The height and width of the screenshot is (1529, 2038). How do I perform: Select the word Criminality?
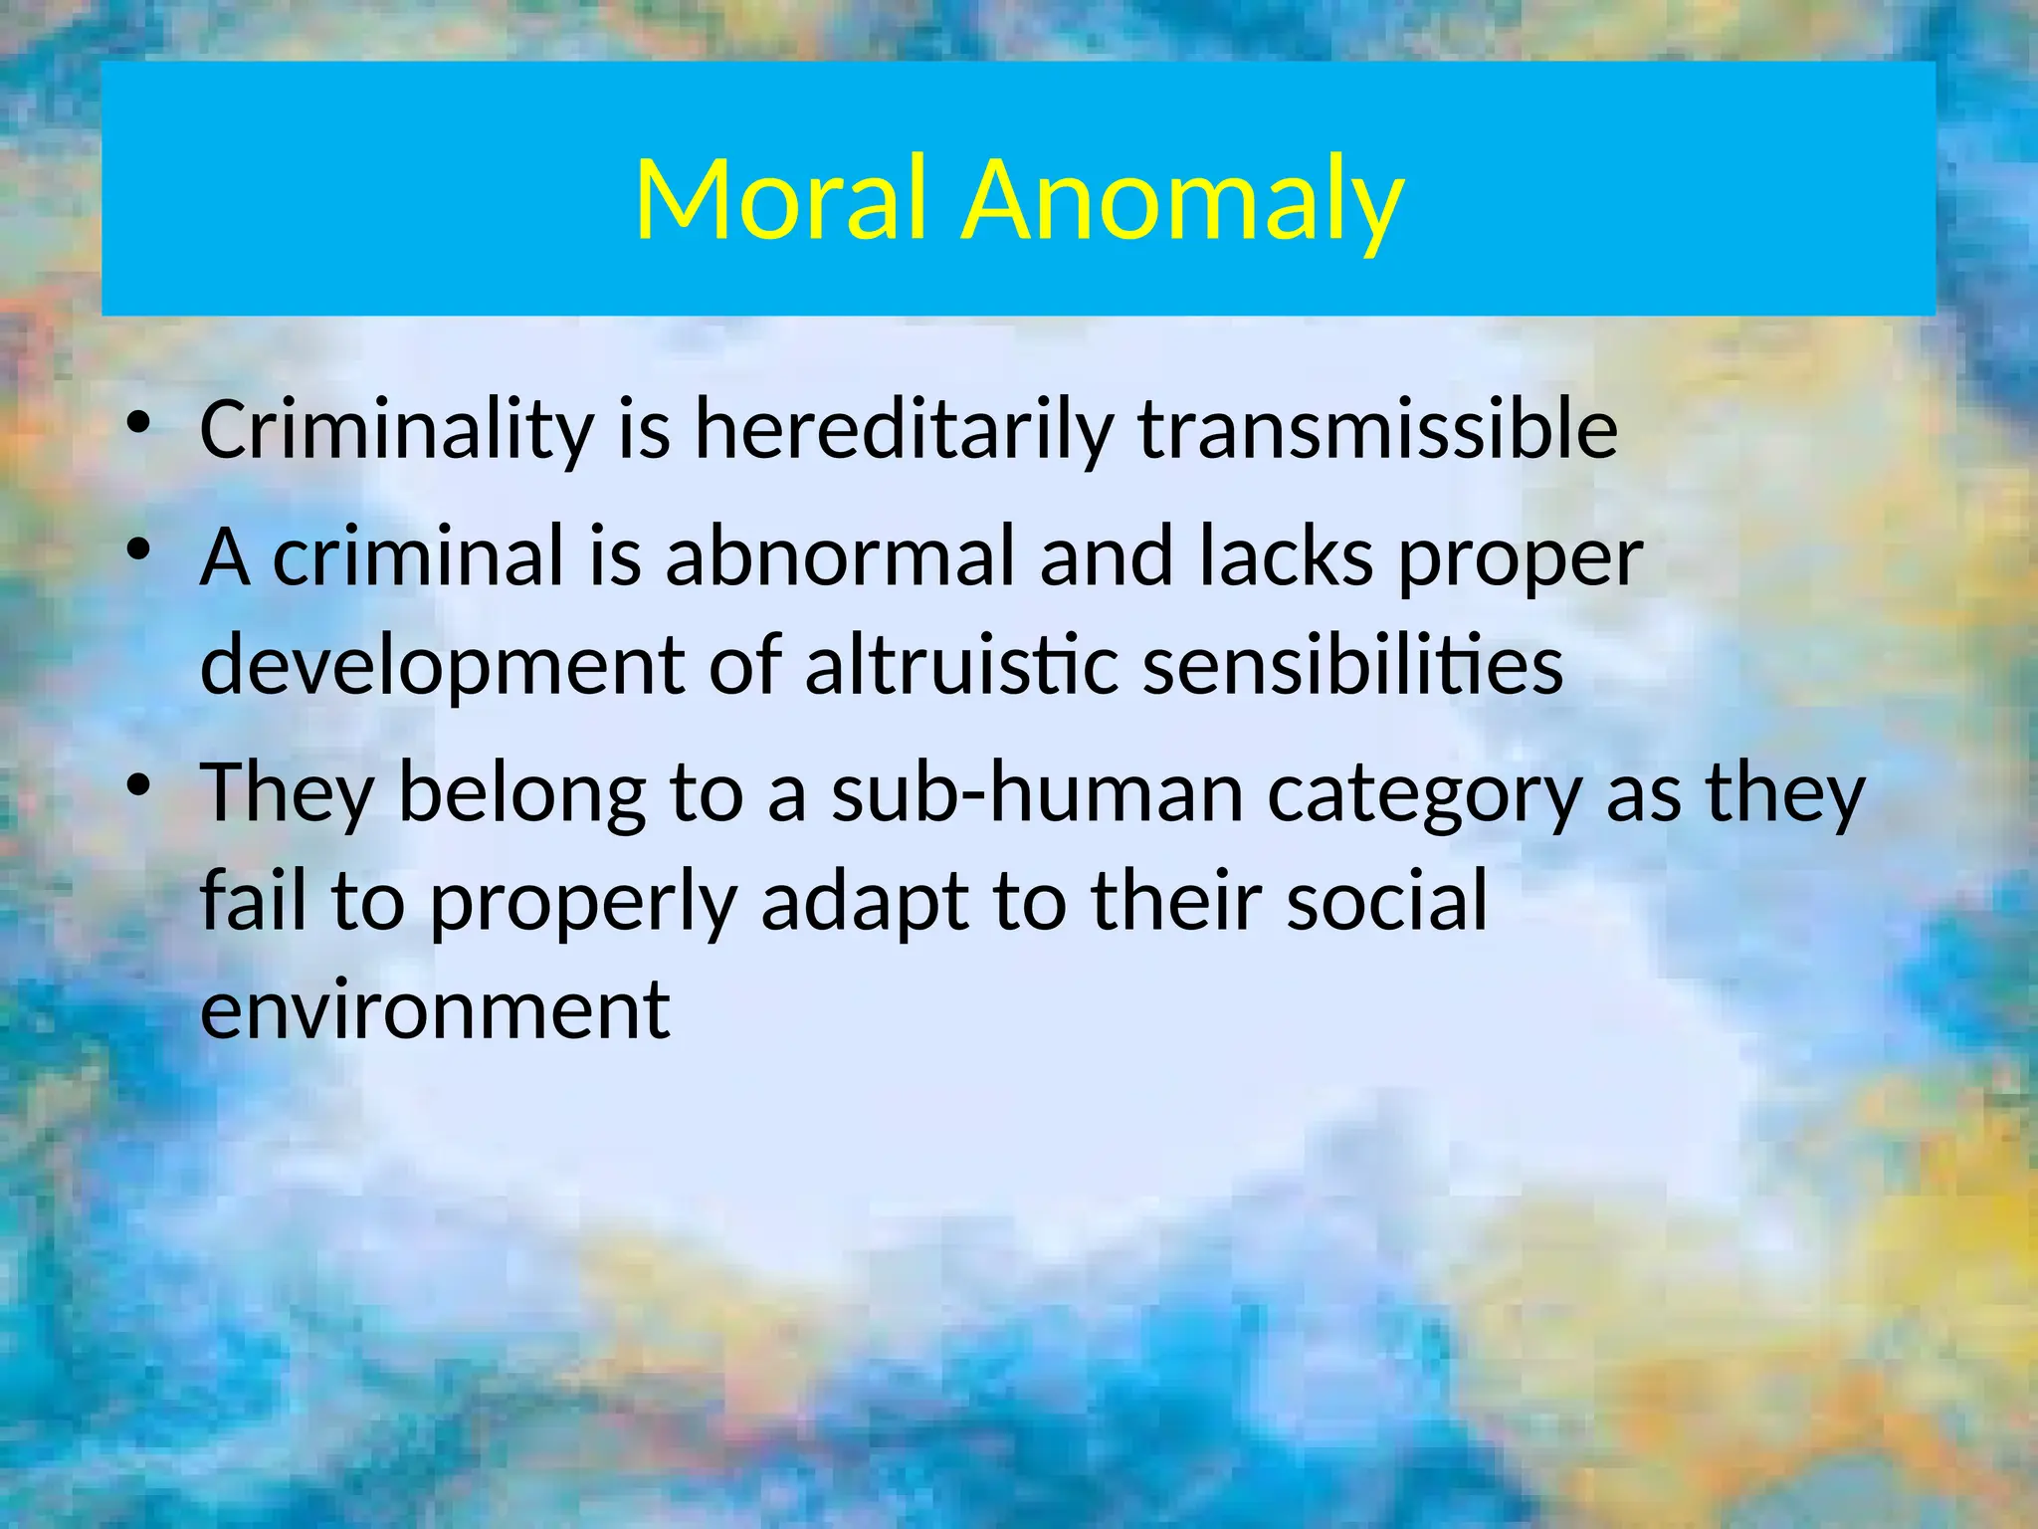(x=396, y=430)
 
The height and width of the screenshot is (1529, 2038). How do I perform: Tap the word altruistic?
(x=961, y=665)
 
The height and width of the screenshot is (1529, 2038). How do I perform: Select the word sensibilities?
(x=1352, y=665)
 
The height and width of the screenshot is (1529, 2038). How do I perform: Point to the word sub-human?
(x=1038, y=793)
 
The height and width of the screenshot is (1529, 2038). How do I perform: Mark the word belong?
(x=521, y=793)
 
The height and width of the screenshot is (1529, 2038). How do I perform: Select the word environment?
(x=436, y=1009)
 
